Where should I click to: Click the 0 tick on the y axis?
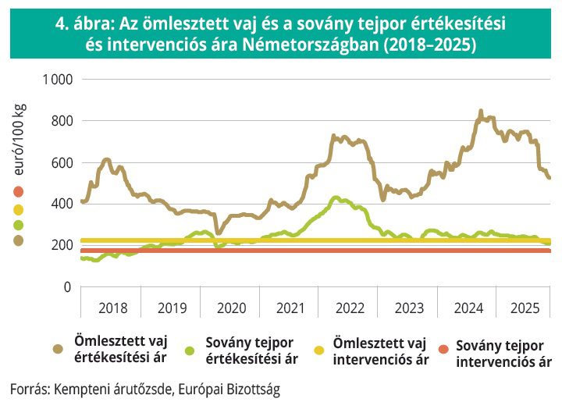[68, 286]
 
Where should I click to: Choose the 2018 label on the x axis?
[113, 308]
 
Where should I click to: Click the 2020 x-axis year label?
[232, 308]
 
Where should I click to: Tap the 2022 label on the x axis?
[350, 308]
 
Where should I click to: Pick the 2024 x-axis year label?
[469, 308]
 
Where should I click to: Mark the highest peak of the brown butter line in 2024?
[480, 112]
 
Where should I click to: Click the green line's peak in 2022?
[336, 197]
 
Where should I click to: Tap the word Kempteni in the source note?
[81, 388]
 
